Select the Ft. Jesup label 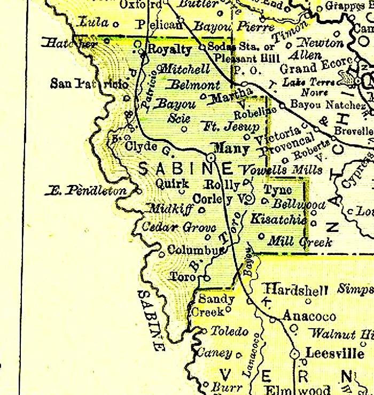click(231, 127)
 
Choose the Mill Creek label click(300, 242)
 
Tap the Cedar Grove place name click(172, 227)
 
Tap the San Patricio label click(89, 83)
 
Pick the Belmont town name click(193, 85)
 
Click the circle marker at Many click(211, 158)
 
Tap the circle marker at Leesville click(294, 354)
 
